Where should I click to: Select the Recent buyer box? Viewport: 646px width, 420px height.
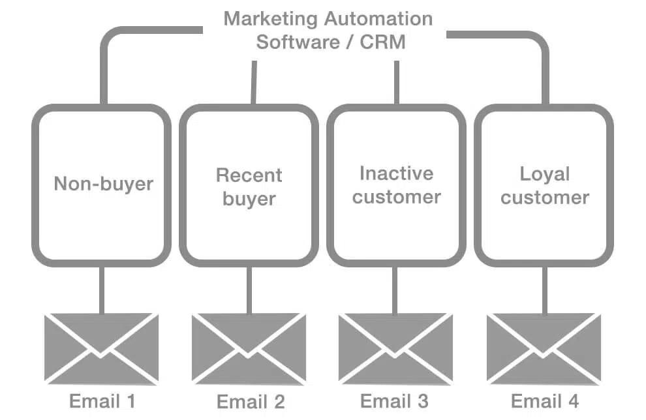(249, 185)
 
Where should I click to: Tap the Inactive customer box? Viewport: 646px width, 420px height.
(397, 185)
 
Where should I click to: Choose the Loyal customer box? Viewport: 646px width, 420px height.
(544, 185)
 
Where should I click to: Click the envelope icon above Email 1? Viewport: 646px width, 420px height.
(101, 349)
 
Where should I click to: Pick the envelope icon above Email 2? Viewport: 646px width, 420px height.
(249, 349)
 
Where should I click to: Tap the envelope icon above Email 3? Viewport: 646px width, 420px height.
(396, 349)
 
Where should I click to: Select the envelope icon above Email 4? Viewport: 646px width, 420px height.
(544, 349)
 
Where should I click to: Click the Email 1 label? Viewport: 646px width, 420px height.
(102, 400)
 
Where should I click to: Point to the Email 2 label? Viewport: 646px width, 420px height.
(251, 402)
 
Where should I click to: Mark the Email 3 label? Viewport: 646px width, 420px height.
(395, 400)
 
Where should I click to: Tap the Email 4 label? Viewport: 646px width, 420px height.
(545, 400)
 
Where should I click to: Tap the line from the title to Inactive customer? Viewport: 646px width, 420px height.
(397, 82)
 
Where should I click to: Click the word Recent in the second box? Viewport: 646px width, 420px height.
(249, 175)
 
